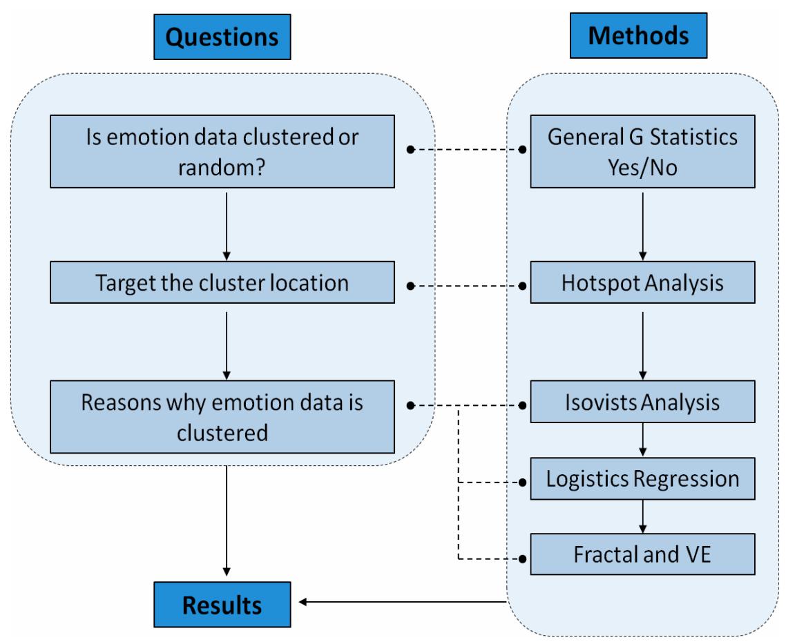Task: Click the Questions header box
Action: (x=222, y=37)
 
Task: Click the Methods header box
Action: (x=638, y=35)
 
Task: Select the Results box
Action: (x=222, y=605)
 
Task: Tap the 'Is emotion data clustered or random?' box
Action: (x=222, y=151)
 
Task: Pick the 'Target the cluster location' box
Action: (x=222, y=283)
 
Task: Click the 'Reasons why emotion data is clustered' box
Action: (x=222, y=416)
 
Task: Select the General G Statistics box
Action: (x=642, y=151)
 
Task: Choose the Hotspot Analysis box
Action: (x=642, y=283)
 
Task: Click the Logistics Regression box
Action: (x=642, y=478)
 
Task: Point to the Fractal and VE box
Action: (x=642, y=554)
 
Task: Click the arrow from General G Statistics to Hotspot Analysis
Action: (x=643, y=225)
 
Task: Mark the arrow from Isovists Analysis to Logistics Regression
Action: (x=643, y=440)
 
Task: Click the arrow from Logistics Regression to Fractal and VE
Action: (x=643, y=516)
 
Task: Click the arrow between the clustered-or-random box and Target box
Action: (x=226, y=225)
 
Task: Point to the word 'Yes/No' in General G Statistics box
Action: (x=642, y=166)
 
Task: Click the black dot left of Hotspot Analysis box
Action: (x=522, y=284)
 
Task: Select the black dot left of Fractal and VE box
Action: (x=522, y=557)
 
